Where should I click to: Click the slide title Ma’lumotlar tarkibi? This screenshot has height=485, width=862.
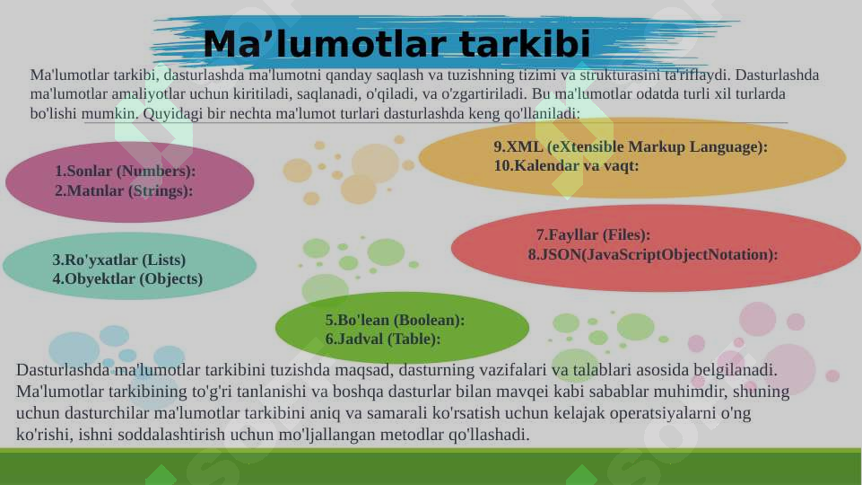tap(396, 44)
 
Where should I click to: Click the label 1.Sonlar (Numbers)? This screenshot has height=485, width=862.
tap(125, 171)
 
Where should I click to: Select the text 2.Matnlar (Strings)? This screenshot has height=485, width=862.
tap(124, 190)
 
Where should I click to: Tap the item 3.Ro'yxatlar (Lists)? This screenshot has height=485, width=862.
tap(119, 260)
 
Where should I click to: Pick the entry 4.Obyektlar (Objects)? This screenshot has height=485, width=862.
tap(127, 278)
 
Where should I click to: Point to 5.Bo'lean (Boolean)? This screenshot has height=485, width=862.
tap(395, 320)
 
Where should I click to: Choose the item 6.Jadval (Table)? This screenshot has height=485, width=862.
tap(382, 339)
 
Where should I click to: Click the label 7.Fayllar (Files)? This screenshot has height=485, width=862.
tap(593, 235)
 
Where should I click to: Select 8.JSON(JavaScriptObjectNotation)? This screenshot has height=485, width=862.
tap(652, 254)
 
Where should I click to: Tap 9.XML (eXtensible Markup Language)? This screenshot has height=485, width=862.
tap(630, 146)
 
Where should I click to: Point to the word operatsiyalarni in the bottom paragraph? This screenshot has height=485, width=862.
tap(664, 414)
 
